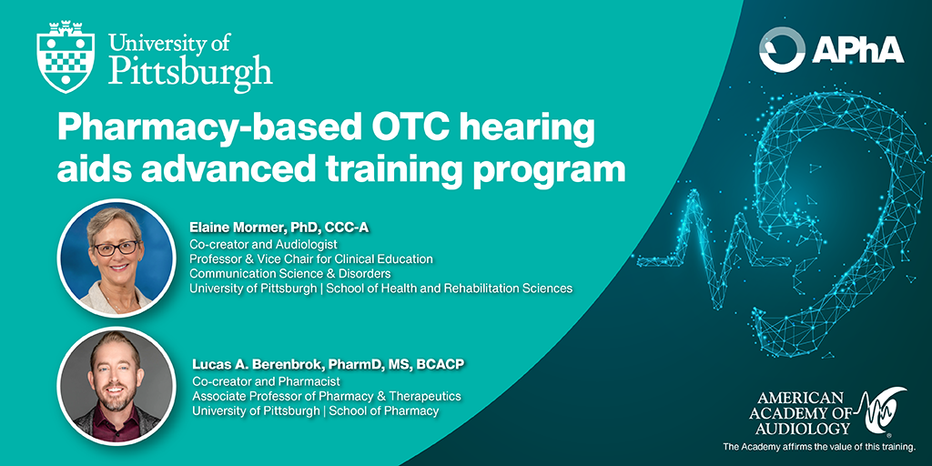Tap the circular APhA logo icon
(782, 50)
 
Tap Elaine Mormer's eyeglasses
(116, 248)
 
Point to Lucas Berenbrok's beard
(116, 400)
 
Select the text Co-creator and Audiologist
(263, 244)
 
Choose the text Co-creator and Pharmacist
(267, 380)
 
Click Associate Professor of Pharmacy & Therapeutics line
(327, 396)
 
